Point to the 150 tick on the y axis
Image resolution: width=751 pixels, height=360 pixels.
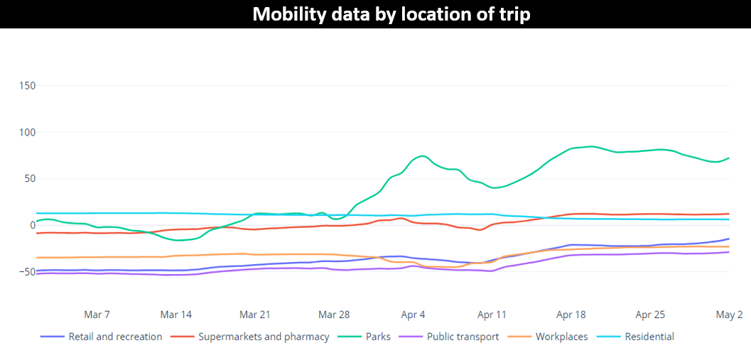point(27,86)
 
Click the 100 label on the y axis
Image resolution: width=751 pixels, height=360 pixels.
point(27,132)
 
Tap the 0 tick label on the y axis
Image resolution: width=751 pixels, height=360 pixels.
point(32,225)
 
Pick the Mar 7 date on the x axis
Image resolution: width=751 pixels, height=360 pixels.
point(97,315)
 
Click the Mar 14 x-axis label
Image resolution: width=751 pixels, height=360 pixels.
point(175,315)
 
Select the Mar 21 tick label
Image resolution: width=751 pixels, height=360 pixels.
point(255,315)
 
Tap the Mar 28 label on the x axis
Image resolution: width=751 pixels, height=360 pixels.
point(334,315)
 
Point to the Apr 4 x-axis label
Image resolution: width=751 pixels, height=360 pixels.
point(413,315)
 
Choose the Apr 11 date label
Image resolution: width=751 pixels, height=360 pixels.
point(492,315)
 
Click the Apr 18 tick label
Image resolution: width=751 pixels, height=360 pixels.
point(571,315)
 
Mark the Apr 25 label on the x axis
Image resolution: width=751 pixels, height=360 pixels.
point(650,315)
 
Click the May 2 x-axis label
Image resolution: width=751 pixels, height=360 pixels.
point(729,315)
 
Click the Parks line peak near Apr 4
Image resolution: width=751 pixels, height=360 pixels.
point(423,156)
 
